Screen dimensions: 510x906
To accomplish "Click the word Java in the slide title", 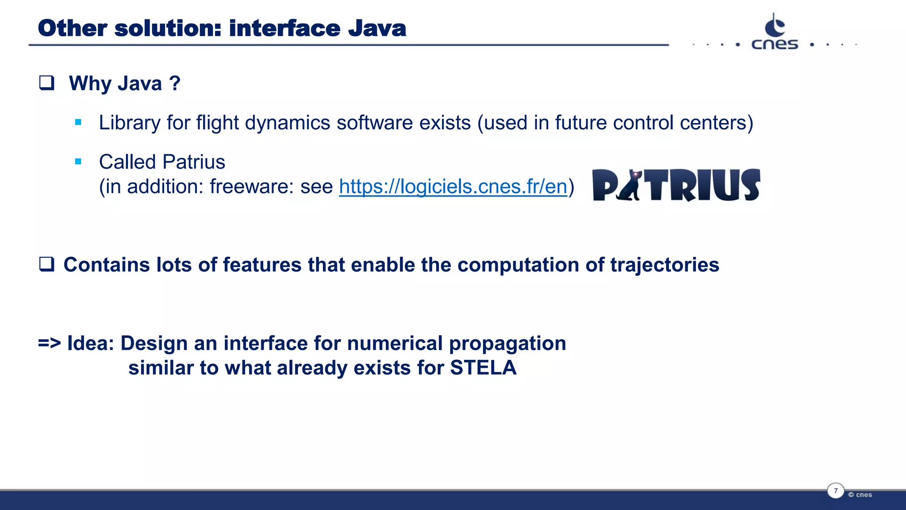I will click(x=377, y=29).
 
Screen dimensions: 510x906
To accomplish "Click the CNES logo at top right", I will click(x=775, y=32).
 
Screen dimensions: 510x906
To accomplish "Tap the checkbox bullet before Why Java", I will click(x=46, y=83).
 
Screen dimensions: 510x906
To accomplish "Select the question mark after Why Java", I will click(x=175, y=83).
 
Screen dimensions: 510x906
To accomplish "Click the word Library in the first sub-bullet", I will click(x=129, y=123).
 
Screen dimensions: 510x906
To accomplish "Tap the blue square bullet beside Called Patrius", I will click(x=78, y=162).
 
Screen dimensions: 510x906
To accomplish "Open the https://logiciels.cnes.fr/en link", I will click(x=453, y=186).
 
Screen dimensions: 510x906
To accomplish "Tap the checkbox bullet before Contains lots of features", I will click(x=46, y=264).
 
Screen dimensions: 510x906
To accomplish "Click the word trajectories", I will click(x=664, y=265).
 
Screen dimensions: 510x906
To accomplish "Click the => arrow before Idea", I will click(x=49, y=343).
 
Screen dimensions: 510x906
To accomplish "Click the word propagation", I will click(x=507, y=344).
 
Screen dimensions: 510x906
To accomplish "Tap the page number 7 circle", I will click(x=835, y=491).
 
